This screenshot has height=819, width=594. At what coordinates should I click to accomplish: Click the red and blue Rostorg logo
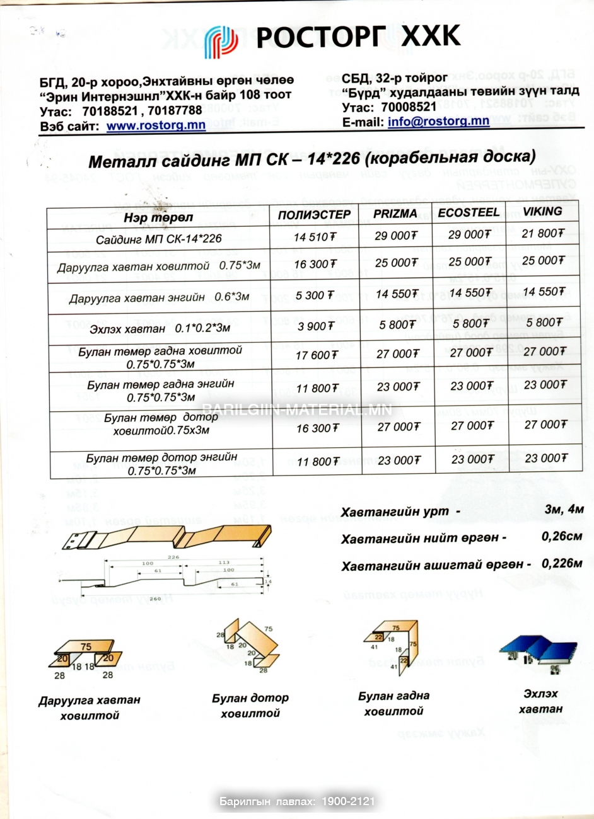(221, 41)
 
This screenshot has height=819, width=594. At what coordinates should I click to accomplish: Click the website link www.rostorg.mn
(156, 125)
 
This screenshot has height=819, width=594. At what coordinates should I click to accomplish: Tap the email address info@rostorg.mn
(438, 120)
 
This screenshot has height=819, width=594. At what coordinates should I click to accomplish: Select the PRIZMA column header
(395, 214)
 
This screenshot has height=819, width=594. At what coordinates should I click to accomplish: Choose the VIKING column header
(542, 212)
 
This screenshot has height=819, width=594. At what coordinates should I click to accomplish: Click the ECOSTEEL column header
(469, 212)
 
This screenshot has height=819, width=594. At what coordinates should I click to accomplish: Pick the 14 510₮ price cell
(315, 238)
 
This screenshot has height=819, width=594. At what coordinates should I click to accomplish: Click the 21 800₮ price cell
(543, 233)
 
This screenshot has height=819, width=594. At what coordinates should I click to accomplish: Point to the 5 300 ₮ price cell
(314, 295)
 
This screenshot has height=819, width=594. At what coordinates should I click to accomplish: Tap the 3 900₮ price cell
(316, 326)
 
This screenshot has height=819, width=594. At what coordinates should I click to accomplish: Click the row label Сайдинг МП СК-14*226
(158, 239)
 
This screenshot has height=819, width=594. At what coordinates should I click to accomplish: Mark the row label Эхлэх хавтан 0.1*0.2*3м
(160, 328)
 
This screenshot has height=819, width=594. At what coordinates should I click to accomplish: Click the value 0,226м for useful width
(562, 563)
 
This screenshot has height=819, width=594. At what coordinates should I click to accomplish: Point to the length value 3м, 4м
(564, 509)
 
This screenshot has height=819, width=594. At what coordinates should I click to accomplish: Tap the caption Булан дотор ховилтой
(250, 706)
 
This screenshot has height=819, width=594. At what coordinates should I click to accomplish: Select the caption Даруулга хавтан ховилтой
(90, 707)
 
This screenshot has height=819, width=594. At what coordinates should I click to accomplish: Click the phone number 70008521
(409, 107)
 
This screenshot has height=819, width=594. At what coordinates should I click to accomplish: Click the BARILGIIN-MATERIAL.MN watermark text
(297, 409)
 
